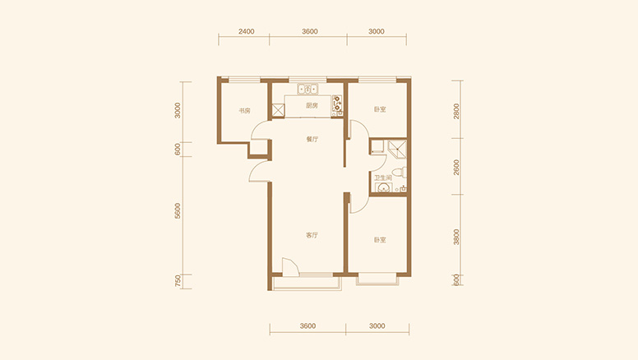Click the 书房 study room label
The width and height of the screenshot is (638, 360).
pos(244,111)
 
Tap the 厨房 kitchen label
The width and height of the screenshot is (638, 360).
pos(312,106)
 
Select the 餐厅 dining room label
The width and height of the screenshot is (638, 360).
pos(312,139)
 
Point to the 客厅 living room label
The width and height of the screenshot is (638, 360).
pos(312,235)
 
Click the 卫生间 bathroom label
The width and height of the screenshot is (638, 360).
pos(383,178)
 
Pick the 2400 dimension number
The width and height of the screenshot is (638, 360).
pos(246,31)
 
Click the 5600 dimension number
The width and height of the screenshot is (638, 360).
pos(178,211)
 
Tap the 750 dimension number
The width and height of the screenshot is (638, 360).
pos(178,281)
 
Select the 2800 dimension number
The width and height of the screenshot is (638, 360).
pos(456,111)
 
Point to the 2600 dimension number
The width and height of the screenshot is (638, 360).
pos(456,167)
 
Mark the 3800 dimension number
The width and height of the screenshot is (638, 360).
pos(456,237)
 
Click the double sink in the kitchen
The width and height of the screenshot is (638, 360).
pos(307,89)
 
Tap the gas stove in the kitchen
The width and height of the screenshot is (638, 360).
pos(337,104)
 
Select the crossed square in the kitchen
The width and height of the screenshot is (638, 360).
pos(279,110)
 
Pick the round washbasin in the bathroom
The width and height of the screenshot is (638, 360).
pos(383,187)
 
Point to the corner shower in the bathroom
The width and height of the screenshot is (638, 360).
pos(397,150)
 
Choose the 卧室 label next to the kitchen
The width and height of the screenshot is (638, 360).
pos(380,109)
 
